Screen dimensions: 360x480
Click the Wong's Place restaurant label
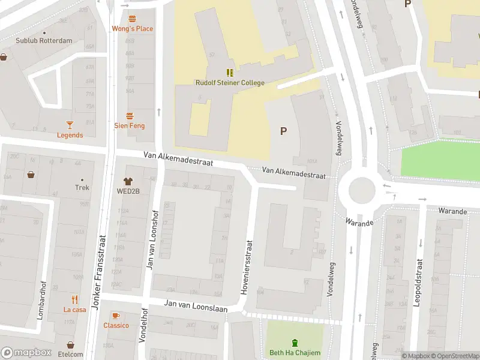(x=132, y=29)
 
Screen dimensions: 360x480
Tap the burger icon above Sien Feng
(x=130, y=115)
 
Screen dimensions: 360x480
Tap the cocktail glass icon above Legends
(x=70, y=125)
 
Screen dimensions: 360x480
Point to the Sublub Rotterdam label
(x=44, y=41)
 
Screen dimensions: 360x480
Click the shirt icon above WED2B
(x=128, y=181)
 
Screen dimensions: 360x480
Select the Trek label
(x=82, y=188)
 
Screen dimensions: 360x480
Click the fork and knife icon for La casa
(x=75, y=299)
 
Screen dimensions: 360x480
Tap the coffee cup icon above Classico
(x=116, y=316)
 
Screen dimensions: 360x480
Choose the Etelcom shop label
(x=71, y=354)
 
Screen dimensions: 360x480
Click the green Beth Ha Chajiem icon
(x=295, y=343)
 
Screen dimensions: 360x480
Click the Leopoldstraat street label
(x=416, y=283)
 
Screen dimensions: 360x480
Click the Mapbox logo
(x=26, y=353)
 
